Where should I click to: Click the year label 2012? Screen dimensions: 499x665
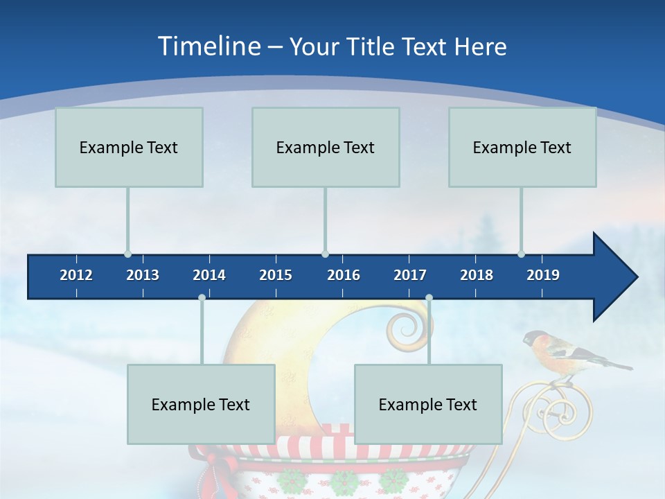(76, 275)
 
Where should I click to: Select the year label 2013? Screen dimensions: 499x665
(143, 275)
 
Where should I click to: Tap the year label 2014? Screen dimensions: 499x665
(209, 275)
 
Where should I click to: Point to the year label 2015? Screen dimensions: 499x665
(276, 275)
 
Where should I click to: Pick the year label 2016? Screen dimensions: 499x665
(344, 275)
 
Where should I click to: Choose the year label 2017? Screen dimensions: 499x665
(410, 275)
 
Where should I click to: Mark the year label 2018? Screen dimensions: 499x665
(477, 275)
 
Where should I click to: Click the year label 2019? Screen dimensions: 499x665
(543, 275)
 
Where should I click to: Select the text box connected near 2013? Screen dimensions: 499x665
(129, 147)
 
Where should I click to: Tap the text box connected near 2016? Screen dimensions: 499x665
(326, 147)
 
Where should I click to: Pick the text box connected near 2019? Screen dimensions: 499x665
(522, 147)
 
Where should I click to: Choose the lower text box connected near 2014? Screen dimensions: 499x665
(201, 404)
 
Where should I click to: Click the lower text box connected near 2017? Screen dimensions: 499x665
(428, 404)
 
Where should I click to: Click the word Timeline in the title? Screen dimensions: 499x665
(208, 46)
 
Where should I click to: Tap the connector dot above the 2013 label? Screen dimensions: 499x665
(127, 254)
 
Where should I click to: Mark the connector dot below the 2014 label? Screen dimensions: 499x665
(202, 297)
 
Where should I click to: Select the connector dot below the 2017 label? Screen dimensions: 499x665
(429, 297)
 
